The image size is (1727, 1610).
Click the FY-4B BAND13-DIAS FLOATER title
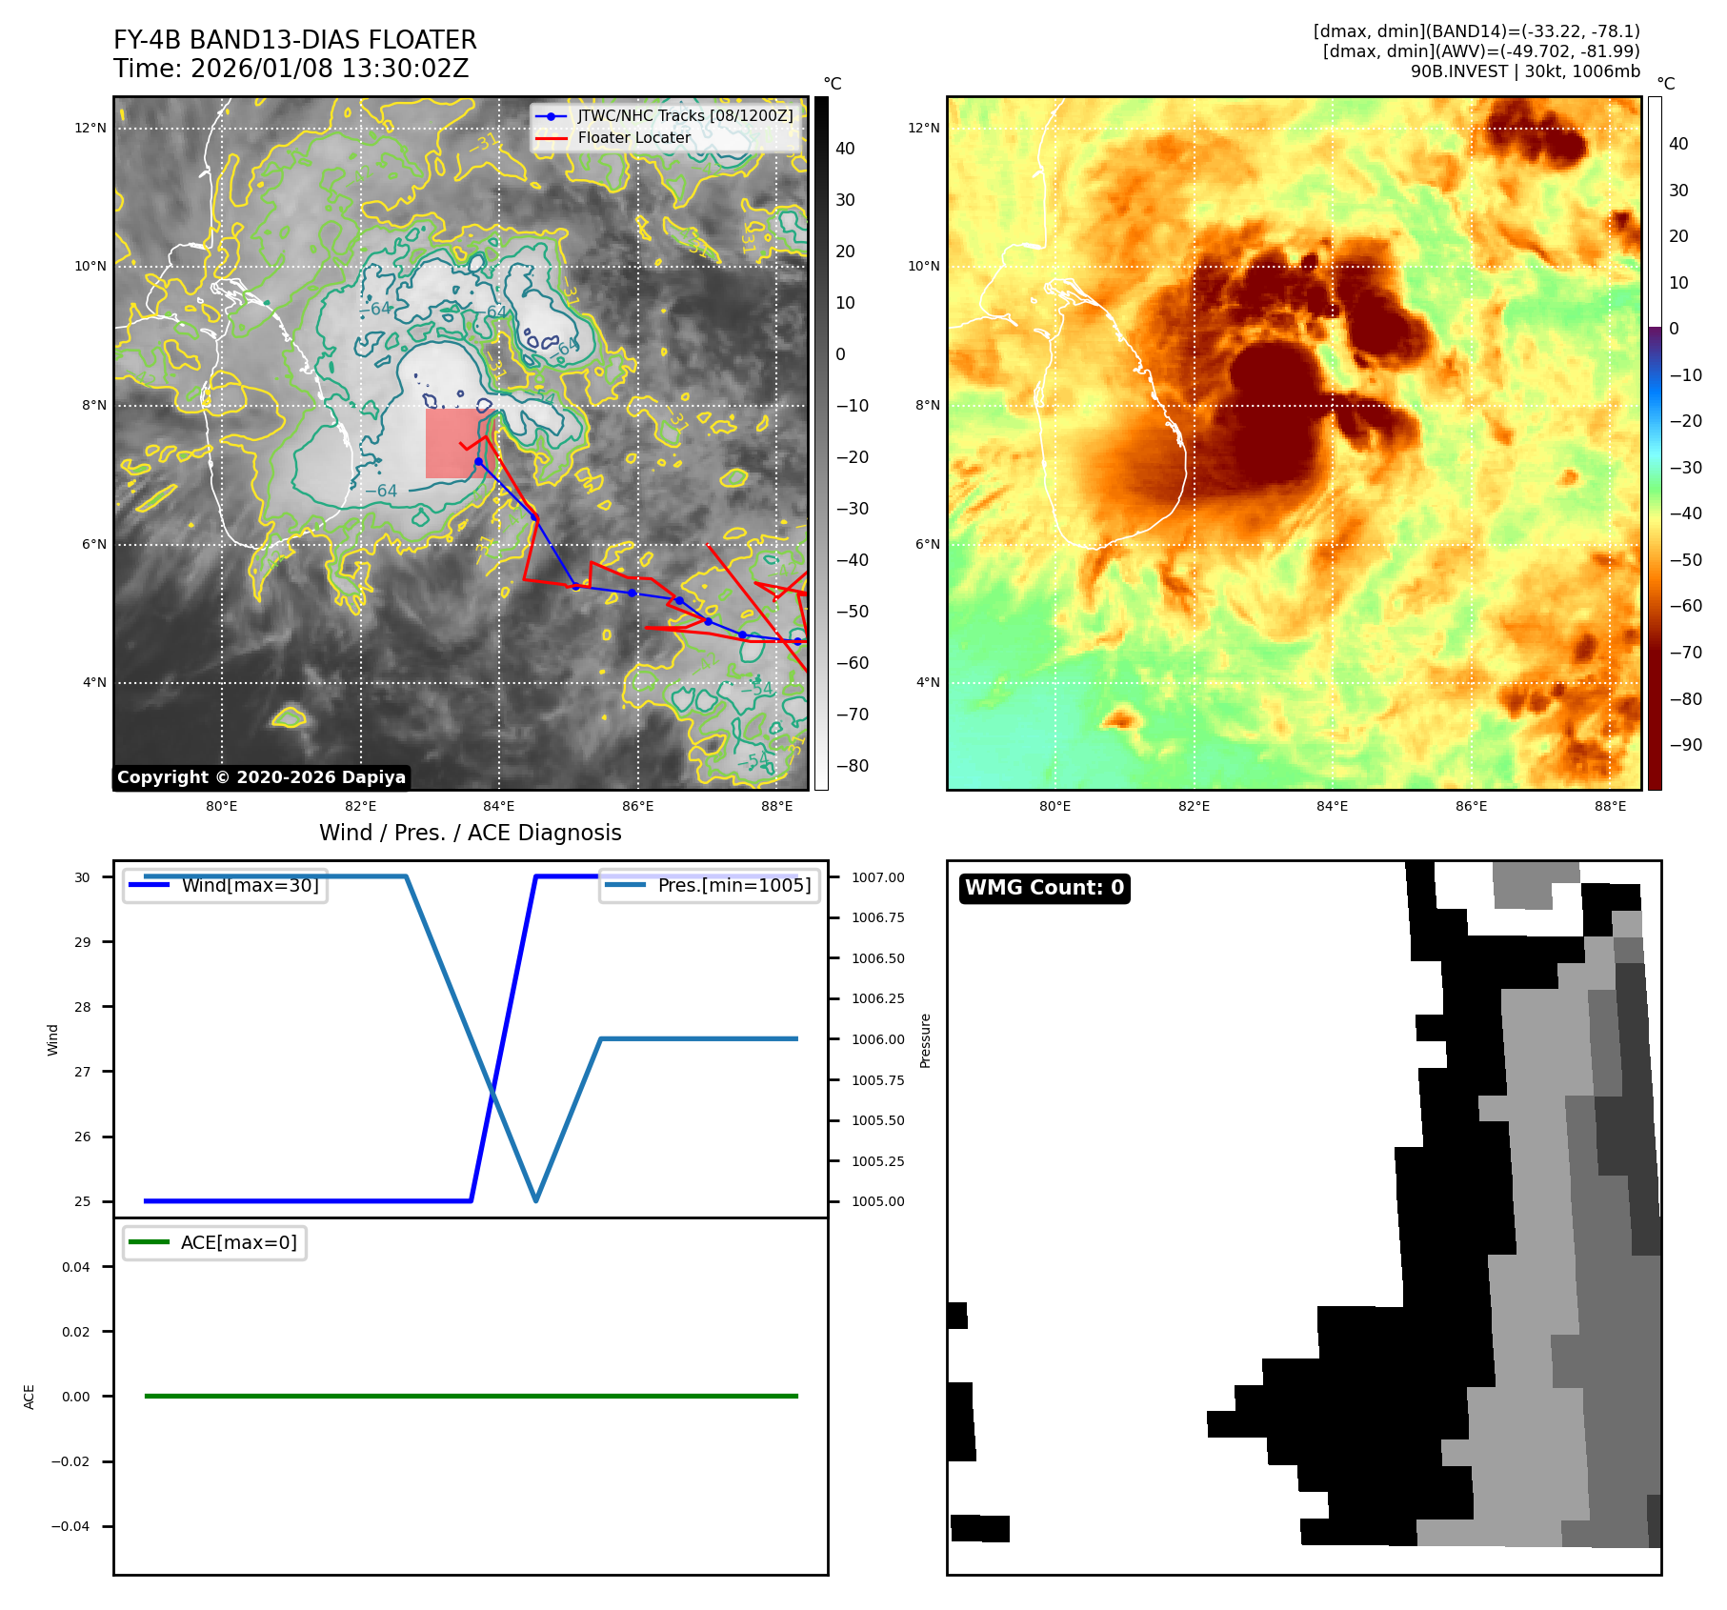294,40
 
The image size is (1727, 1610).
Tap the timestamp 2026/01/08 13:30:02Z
329,70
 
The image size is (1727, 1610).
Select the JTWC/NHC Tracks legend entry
684,115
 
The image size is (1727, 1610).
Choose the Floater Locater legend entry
633,138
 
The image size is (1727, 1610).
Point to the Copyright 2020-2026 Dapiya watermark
261,777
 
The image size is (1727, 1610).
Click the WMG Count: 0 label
1044,888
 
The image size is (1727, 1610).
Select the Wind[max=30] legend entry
250,885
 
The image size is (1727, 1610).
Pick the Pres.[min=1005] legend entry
733,885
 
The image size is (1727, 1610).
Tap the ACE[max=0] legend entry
238,1242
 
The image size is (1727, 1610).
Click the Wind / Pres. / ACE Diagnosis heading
470,833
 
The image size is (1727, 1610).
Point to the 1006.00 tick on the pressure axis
877,1039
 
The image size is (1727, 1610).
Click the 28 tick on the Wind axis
84,1007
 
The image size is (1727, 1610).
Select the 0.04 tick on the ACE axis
76,1267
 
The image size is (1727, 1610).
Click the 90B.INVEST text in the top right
1458,71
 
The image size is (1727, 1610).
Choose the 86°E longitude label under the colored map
1471,807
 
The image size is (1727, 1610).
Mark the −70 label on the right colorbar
1685,653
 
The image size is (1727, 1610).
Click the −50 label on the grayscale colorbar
852,612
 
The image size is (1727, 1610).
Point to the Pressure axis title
925,1040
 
